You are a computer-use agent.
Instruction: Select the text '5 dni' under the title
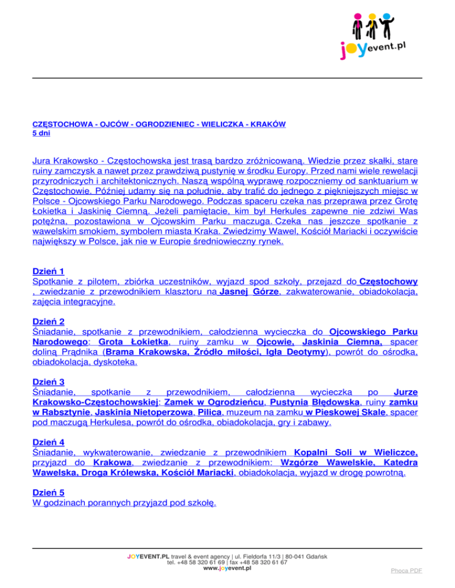point(41,133)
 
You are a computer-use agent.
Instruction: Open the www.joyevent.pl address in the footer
point(227,568)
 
